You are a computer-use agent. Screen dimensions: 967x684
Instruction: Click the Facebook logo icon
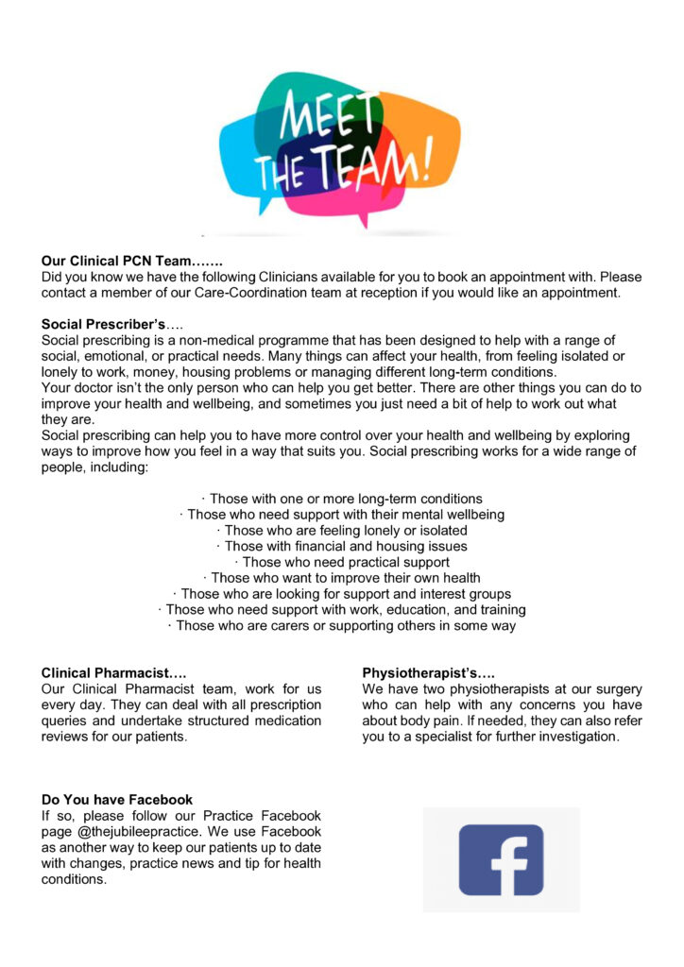click(501, 859)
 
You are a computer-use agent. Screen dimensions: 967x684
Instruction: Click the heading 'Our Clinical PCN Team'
click(132, 261)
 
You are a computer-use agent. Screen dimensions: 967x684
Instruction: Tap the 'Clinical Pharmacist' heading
click(113, 673)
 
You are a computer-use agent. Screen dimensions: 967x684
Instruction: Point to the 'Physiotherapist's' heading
click(428, 673)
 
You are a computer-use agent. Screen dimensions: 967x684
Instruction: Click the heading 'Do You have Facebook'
click(116, 800)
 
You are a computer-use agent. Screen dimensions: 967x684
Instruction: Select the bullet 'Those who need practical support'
click(341, 562)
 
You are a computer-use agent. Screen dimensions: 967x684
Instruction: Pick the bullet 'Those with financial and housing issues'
click(341, 546)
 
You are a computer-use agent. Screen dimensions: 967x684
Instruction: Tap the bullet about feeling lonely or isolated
click(341, 531)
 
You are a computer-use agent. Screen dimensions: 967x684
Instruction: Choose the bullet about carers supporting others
click(341, 625)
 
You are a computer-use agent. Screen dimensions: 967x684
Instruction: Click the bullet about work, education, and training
click(341, 610)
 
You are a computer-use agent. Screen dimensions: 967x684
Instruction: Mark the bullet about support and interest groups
click(341, 594)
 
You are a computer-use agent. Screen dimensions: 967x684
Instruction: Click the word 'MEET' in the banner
click(322, 123)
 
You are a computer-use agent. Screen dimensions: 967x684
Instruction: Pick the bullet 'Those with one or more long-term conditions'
click(341, 499)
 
